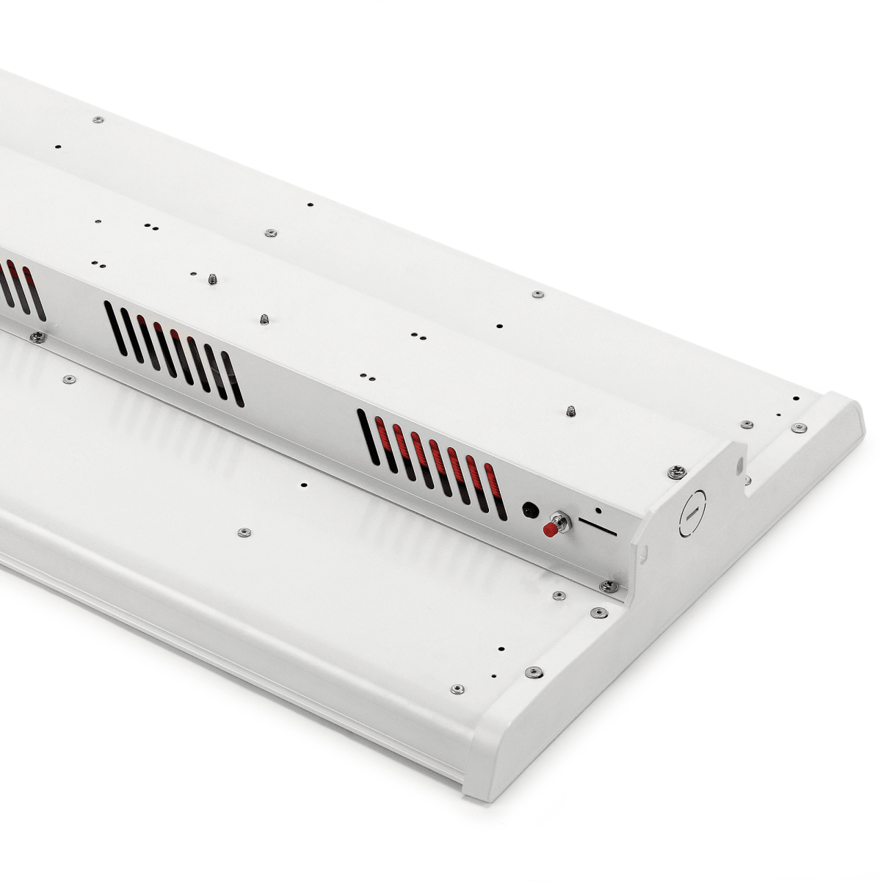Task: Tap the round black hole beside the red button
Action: [529, 508]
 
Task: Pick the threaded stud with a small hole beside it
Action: [211, 278]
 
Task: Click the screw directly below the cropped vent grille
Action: [37, 336]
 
